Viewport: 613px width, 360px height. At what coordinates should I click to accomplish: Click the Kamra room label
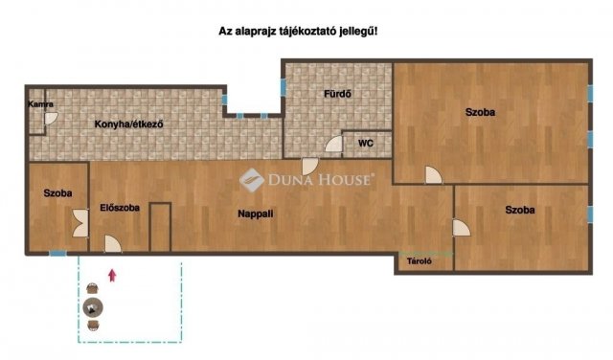coord(40,104)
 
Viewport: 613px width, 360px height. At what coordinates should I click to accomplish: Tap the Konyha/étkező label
coord(128,124)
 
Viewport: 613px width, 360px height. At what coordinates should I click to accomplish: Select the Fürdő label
coord(337,94)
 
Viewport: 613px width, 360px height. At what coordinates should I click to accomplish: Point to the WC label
coord(366,144)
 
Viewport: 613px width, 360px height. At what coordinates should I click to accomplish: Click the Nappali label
coord(256,214)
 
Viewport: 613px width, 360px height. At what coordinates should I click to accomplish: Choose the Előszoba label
coord(120,208)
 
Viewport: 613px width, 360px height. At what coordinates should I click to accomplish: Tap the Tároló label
coord(420,261)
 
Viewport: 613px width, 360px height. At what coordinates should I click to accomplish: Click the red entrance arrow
coord(113,275)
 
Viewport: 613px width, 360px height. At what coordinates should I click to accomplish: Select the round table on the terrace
coord(93,307)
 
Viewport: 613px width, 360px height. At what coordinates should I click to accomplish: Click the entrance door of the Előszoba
coord(113,244)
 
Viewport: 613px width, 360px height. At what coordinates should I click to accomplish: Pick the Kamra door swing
coord(51,119)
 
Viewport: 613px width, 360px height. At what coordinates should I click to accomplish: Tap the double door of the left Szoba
coord(80,223)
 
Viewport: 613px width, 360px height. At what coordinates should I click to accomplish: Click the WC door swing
coord(333,145)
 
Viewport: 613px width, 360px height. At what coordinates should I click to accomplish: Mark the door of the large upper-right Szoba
coord(434,174)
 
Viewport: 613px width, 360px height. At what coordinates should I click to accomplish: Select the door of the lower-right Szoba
coord(462,228)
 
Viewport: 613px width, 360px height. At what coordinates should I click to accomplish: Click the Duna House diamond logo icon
coord(252,180)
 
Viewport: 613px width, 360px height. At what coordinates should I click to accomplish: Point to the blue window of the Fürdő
coord(284,87)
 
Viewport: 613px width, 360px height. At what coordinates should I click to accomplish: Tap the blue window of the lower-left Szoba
coord(57,254)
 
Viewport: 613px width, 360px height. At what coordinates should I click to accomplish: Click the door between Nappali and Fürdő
coord(310,167)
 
